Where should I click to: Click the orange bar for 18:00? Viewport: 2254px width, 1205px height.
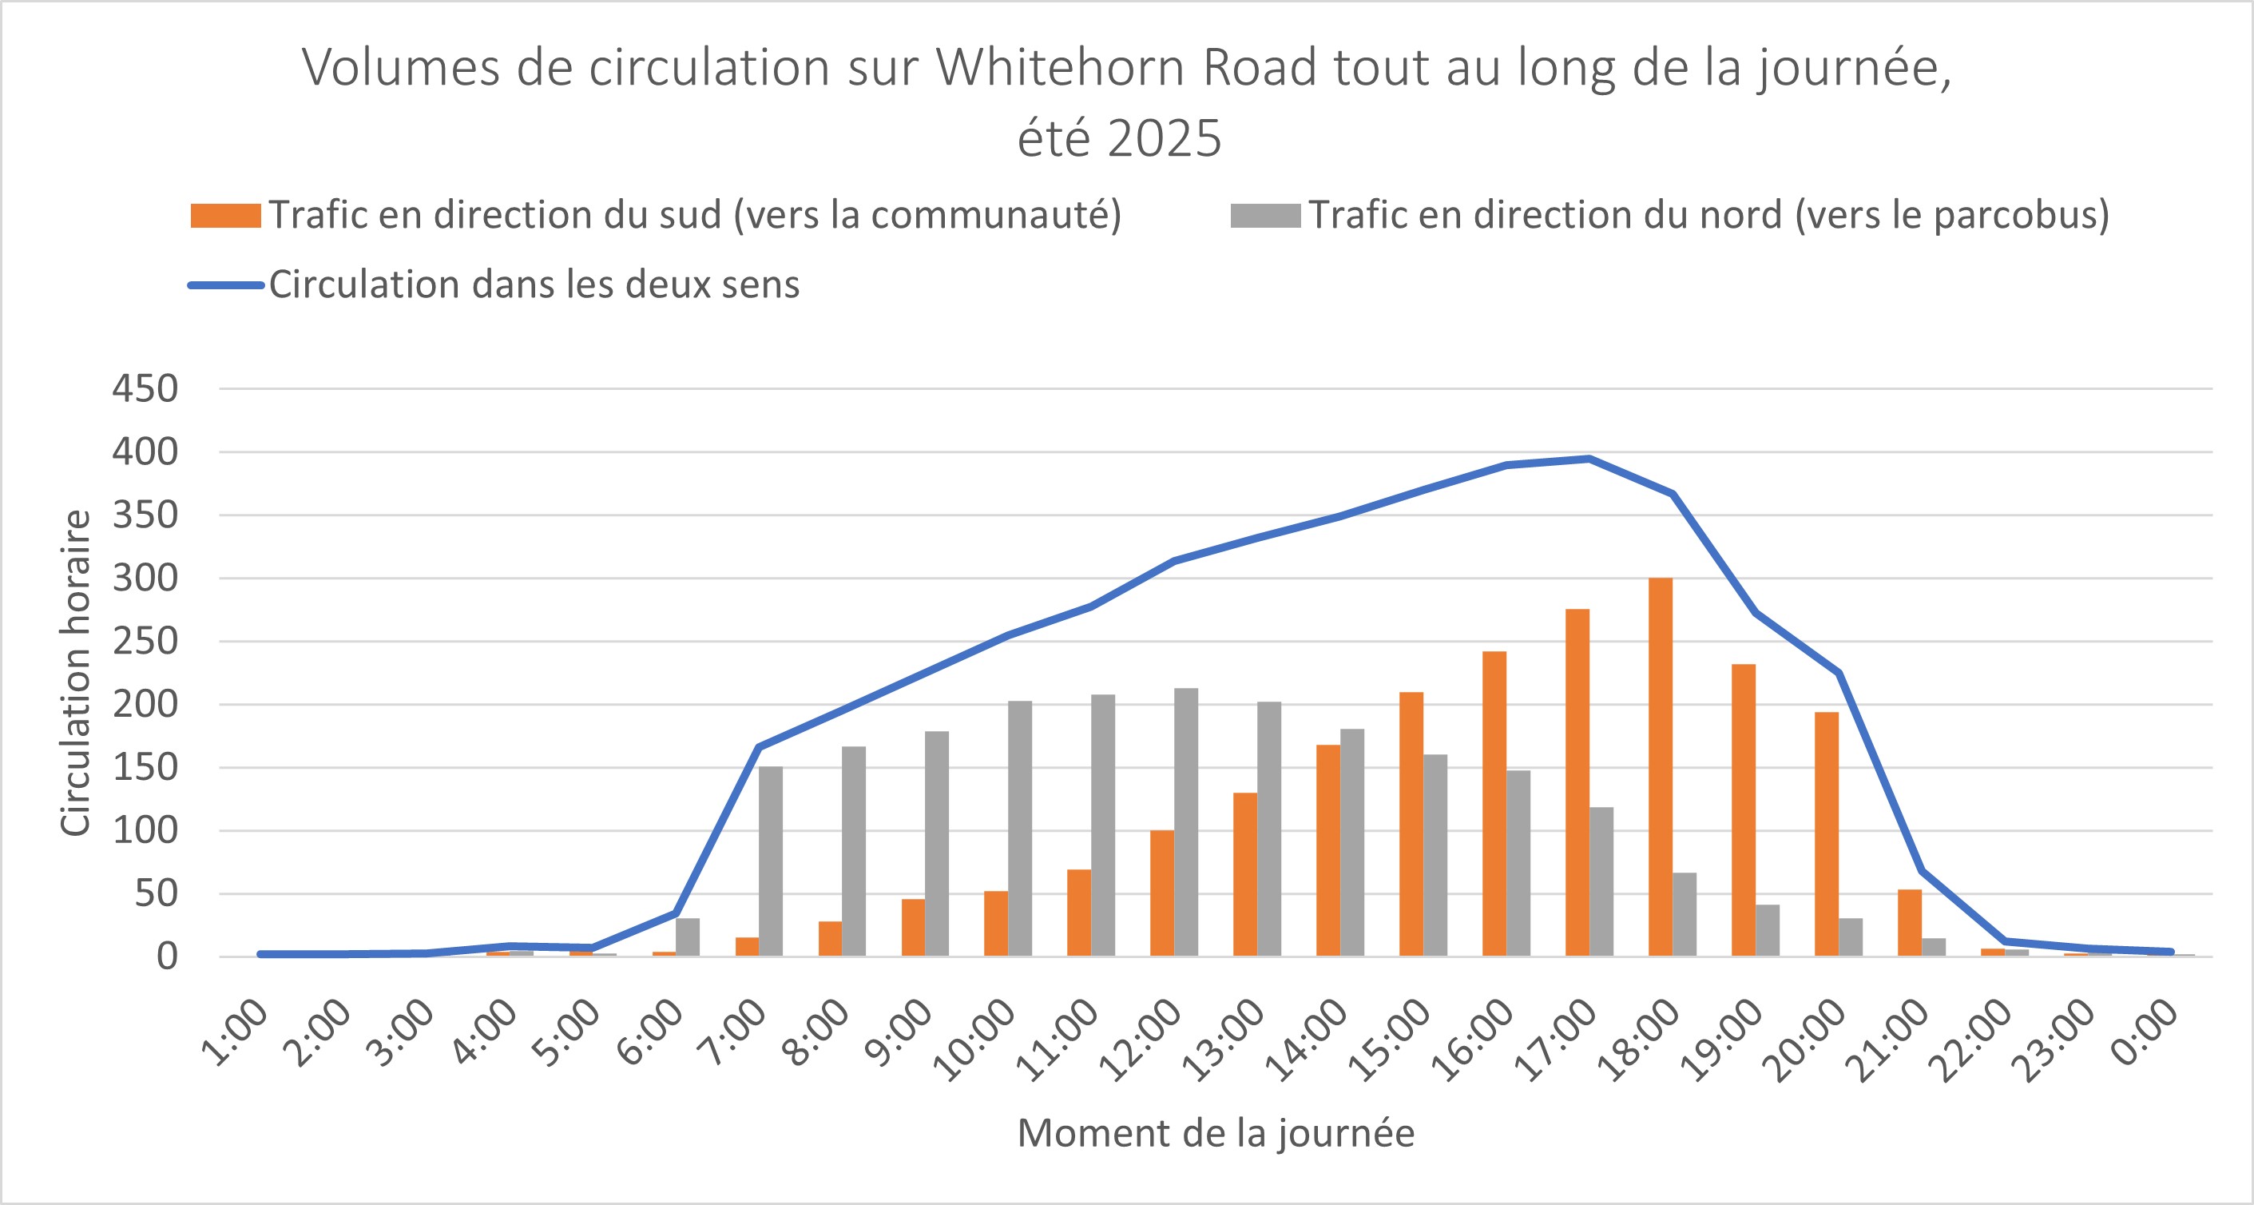(1660, 766)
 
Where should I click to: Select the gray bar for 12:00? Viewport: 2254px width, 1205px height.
(1185, 821)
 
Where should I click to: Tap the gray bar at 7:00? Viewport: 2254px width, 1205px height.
(770, 861)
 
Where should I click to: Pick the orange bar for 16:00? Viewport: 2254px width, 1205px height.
(1494, 803)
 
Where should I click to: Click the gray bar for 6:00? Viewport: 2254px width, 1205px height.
(687, 937)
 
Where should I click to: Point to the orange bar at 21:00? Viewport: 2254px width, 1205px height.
(1909, 922)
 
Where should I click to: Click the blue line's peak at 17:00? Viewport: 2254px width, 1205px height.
(1588, 459)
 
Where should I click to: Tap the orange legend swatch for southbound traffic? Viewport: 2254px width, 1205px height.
(225, 215)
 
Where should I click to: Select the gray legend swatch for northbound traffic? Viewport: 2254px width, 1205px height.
(1264, 215)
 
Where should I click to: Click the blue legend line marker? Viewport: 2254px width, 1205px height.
(225, 285)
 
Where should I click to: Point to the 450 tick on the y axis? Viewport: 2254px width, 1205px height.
(145, 388)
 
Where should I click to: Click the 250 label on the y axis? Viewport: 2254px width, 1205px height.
(145, 642)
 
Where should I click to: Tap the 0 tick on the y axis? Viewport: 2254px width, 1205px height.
(166, 956)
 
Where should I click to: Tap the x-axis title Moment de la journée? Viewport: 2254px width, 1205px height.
(1216, 1133)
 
